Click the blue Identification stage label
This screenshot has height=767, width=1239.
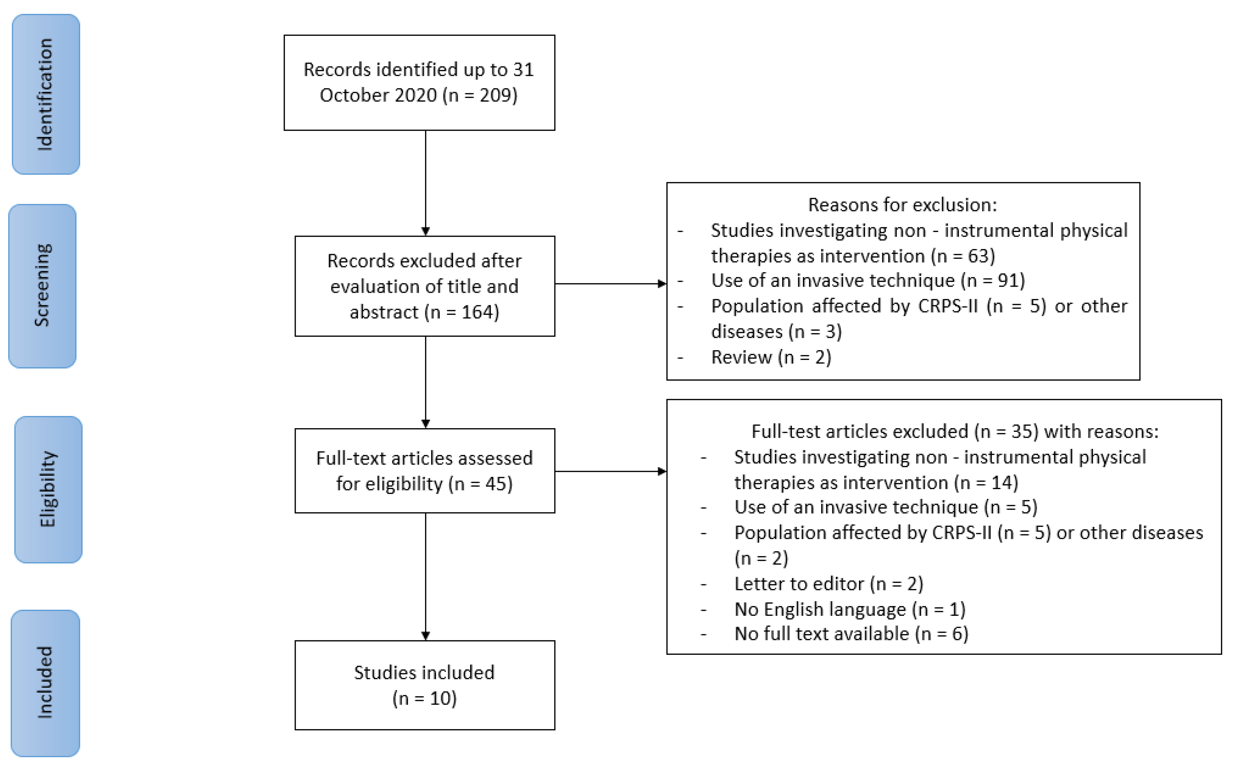[46, 94]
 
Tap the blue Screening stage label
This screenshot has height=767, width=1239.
[43, 286]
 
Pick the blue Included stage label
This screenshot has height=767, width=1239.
[45, 682]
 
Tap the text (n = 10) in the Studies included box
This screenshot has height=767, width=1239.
[424, 698]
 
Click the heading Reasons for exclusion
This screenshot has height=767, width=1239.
[902, 205]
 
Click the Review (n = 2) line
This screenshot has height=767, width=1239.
[771, 357]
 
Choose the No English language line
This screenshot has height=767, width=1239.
[849, 609]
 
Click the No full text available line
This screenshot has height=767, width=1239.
[851, 634]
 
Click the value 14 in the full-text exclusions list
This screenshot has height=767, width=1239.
[1001, 483]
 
